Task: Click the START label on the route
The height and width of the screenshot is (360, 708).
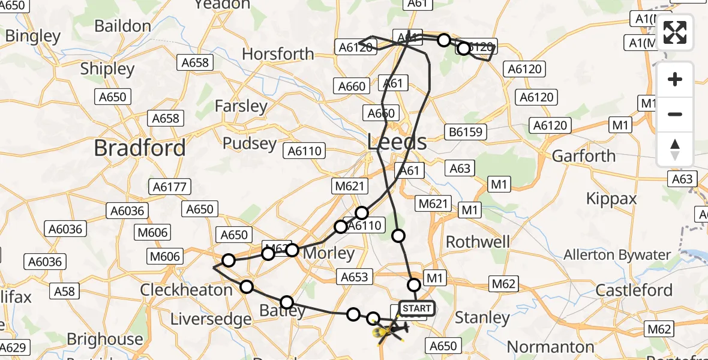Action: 416,309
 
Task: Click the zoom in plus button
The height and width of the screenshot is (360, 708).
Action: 675,79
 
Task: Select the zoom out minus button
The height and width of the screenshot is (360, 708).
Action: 675,114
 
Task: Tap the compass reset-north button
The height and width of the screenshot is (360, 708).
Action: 675,149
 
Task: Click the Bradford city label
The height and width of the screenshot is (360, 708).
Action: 140,148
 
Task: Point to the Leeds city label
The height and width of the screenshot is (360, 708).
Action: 397,143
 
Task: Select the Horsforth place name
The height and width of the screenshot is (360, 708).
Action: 278,54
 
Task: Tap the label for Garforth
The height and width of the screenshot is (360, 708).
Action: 584,156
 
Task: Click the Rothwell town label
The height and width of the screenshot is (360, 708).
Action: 478,242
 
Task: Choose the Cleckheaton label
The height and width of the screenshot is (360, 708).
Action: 186,290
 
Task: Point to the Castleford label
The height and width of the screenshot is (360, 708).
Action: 634,290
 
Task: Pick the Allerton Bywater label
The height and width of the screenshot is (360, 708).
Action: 617,255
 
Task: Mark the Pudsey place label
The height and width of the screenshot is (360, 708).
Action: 249,144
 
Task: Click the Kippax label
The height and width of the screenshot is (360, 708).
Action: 611,199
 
